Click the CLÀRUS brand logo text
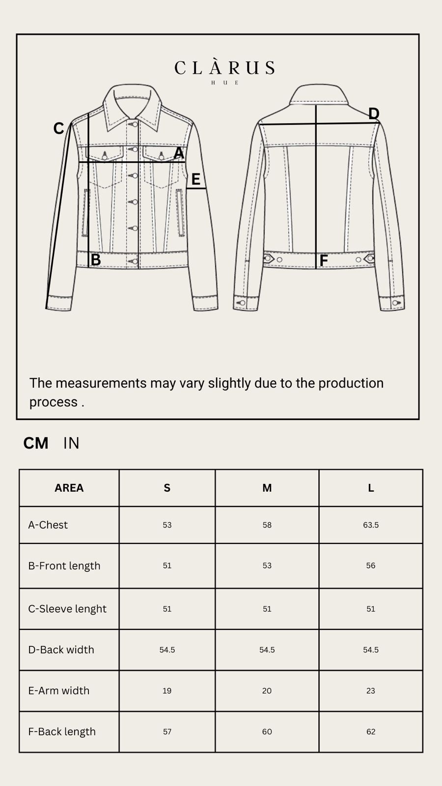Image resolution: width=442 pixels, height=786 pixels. click(x=224, y=68)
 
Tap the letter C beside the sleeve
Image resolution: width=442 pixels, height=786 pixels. click(x=58, y=128)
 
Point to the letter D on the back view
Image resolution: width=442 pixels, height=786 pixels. click(x=374, y=113)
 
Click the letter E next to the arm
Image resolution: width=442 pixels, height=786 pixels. click(x=196, y=179)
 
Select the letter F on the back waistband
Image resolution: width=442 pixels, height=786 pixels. click(x=324, y=261)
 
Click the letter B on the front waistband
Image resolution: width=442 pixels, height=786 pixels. click(x=96, y=260)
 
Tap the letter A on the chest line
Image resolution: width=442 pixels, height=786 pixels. click(x=179, y=153)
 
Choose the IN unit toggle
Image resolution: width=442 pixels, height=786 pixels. click(x=71, y=443)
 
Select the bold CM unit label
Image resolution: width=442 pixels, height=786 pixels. click(x=36, y=443)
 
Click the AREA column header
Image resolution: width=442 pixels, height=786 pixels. click(x=69, y=488)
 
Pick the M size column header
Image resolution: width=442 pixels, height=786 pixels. click(x=267, y=488)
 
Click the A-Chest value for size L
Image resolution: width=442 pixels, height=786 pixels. click(x=371, y=525)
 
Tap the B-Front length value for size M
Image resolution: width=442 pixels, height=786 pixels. click(x=267, y=565)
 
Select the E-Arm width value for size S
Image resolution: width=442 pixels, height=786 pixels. click(x=167, y=691)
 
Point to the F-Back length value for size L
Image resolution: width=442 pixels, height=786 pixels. click(x=371, y=732)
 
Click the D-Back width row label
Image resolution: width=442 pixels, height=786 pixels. click(x=61, y=650)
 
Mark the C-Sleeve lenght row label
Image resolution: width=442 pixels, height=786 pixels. click(x=67, y=609)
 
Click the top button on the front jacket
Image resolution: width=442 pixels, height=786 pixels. click(x=135, y=124)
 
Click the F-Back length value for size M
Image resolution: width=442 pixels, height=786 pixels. click(x=267, y=732)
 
